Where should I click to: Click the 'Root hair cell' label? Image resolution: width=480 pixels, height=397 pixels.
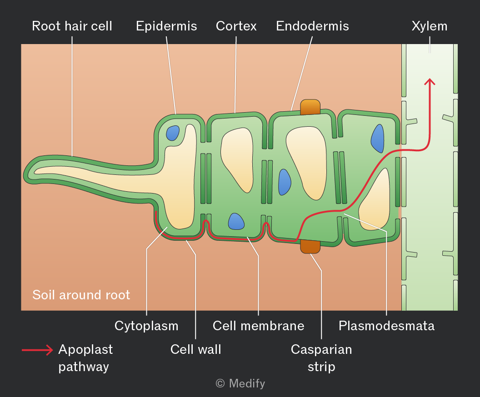click(x=72, y=26)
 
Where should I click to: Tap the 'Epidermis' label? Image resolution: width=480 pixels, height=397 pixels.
click(x=166, y=26)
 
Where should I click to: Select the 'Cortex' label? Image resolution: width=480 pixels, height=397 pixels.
click(x=236, y=26)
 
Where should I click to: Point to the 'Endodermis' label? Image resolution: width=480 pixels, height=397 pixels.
click(x=312, y=26)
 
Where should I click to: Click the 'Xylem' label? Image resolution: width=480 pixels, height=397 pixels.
click(x=429, y=26)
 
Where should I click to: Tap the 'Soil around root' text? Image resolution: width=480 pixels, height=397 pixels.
click(x=81, y=295)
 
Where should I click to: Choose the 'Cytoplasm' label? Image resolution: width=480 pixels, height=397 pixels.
click(x=146, y=326)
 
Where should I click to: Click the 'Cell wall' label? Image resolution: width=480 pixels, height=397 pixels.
click(x=195, y=349)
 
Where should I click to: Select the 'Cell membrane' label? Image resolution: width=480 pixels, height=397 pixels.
click(x=258, y=326)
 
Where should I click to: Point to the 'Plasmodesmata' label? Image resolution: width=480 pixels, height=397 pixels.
click(x=386, y=326)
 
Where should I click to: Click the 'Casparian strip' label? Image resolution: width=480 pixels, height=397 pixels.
click(x=321, y=358)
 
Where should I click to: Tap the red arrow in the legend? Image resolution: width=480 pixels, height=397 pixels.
click(x=37, y=350)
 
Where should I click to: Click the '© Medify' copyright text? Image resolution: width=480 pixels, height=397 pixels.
click(x=240, y=383)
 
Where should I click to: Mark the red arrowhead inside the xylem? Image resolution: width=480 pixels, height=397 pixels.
click(x=430, y=81)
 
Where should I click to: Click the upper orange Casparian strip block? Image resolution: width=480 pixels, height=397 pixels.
click(x=310, y=107)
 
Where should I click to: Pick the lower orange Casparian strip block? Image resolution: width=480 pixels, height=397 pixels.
click(x=310, y=247)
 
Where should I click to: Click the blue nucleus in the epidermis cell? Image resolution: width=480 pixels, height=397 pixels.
click(x=173, y=133)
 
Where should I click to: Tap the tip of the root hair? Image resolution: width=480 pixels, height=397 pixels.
click(x=24, y=175)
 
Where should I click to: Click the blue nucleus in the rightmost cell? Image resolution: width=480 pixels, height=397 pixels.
click(x=378, y=138)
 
